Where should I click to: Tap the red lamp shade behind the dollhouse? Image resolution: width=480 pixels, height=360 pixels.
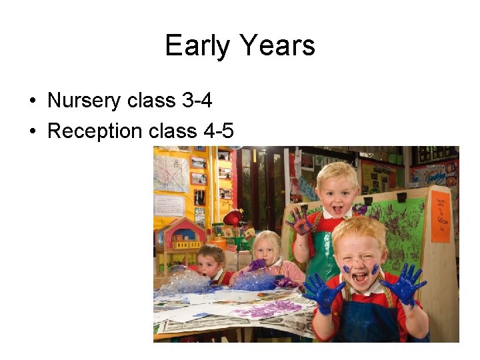click(233, 218)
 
